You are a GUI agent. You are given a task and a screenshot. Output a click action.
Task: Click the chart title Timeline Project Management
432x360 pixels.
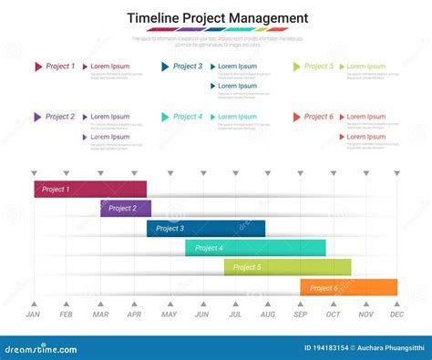[x=217, y=18]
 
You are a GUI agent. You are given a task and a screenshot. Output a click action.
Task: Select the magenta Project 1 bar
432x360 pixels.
[x=90, y=189]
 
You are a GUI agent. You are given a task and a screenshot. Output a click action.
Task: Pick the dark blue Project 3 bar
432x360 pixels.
[x=205, y=229]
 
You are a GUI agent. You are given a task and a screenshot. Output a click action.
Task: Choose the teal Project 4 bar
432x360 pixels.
[x=255, y=248]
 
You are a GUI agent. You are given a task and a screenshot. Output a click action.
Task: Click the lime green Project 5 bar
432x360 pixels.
[x=287, y=267]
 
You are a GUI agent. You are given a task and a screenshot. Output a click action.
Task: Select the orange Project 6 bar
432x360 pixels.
[x=348, y=287]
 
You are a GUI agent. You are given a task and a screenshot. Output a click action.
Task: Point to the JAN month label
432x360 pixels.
[x=33, y=314]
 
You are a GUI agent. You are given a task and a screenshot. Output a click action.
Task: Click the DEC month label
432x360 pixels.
[x=396, y=314]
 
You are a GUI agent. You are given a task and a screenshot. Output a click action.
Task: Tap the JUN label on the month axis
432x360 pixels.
[x=201, y=314]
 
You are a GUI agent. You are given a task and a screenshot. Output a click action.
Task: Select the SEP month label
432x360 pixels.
[x=301, y=314]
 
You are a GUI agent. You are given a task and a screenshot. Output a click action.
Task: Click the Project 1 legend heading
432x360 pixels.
[x=60, y=67]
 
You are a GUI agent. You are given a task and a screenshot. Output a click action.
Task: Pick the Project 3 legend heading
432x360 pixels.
[x=188, y=67]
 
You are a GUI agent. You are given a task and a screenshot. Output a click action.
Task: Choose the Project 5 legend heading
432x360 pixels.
[x=319, y=67]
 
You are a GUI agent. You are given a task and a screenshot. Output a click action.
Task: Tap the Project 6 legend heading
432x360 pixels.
[x=319, y=117]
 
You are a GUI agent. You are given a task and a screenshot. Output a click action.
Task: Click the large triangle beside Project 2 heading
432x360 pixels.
[x=37, y=117]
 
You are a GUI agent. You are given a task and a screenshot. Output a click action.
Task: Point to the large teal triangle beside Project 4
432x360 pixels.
[x=165, y=117]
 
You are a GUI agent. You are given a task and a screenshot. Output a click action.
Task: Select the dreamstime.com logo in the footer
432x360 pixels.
[x=41, y=347]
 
